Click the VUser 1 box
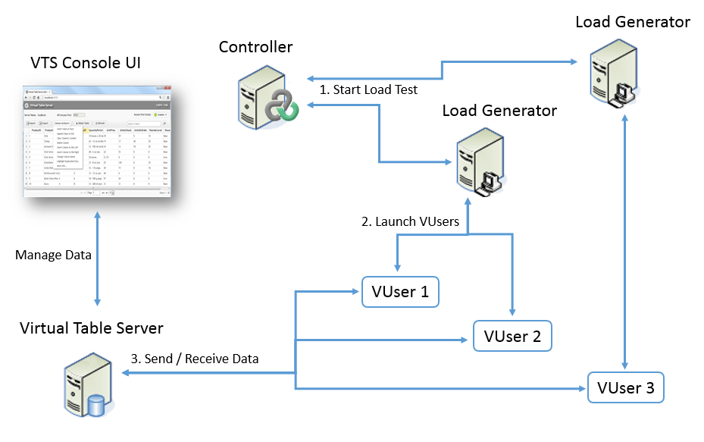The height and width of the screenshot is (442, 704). click(400, 292)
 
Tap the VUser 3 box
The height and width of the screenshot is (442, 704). click(625, 387)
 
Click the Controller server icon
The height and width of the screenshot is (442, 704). click(265, 95)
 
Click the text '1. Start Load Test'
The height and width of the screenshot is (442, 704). click(368, 90)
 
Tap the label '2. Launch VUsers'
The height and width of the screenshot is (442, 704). click(409, 222)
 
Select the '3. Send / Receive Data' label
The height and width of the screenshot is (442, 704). click(195, 359)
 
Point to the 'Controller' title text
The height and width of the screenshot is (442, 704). click(255, 47)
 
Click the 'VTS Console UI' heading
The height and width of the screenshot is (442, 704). click(86, 62)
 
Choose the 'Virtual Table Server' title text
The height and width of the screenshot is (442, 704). click(92, 328)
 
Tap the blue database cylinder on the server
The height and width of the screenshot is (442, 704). click(95, 406)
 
